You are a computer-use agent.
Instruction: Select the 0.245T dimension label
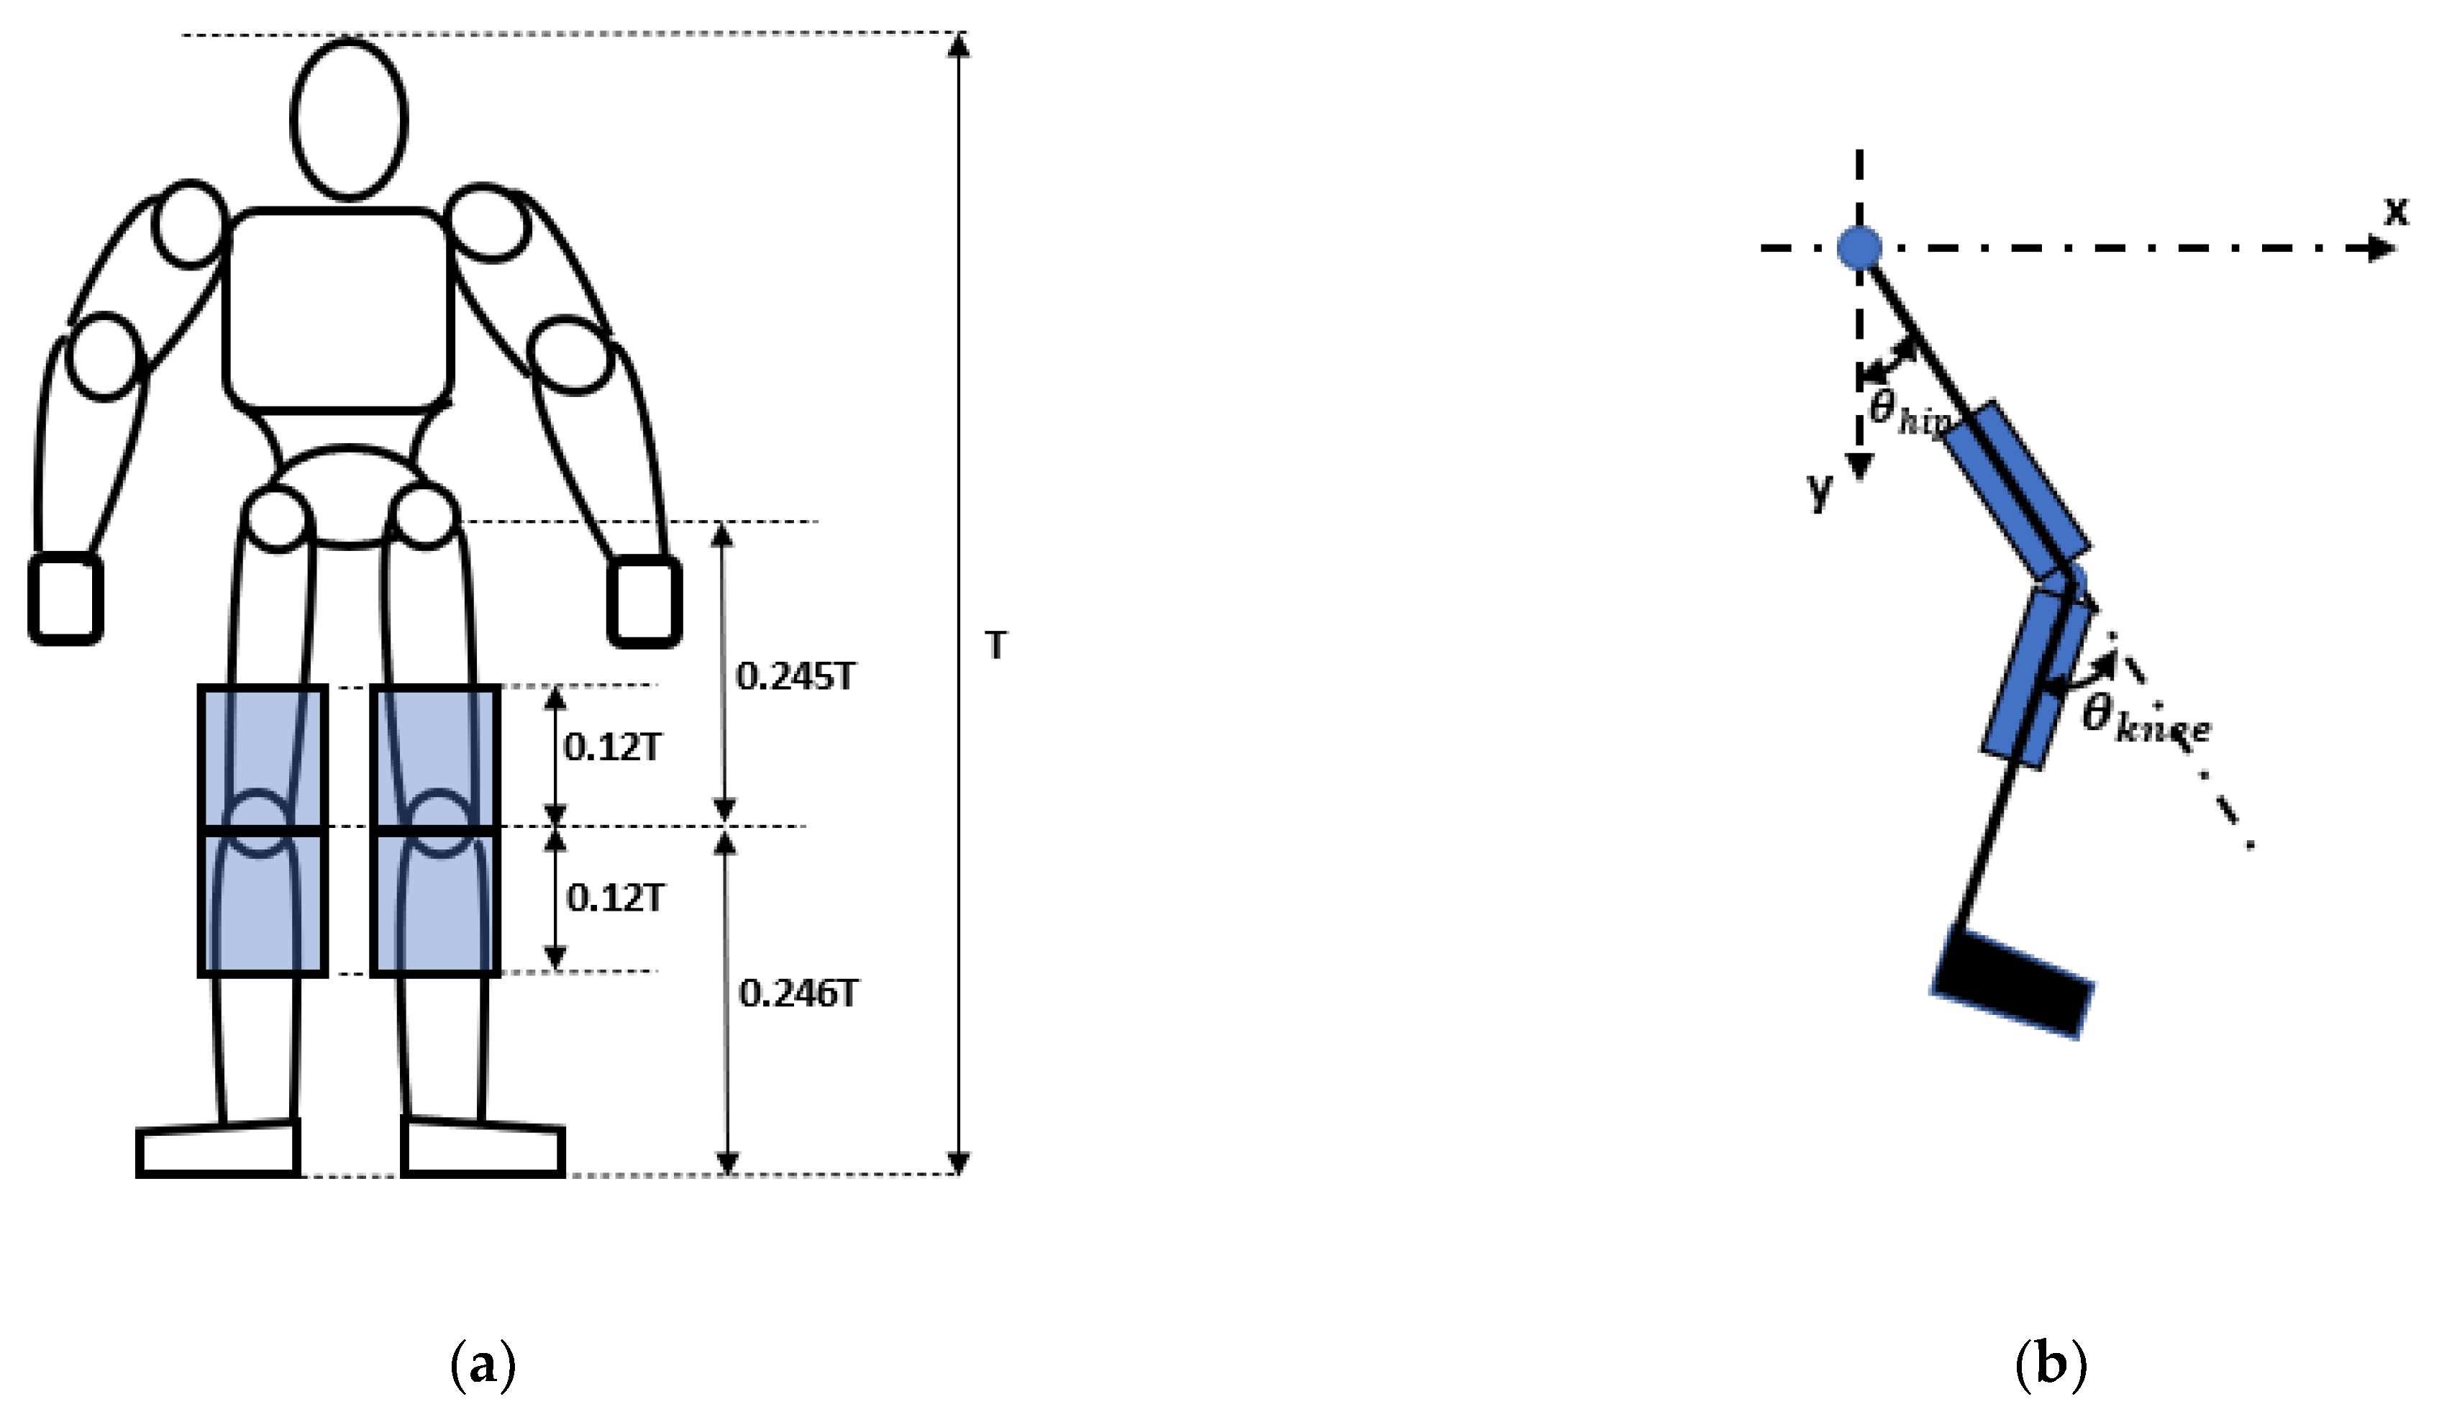point(795,678)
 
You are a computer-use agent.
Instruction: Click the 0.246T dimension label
point(798,994)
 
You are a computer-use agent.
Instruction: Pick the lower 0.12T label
point(614,899)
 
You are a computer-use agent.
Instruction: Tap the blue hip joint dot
point(1859,247)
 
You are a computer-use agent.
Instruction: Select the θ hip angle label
point(1907,416)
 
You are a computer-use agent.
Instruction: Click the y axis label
point(1820,491)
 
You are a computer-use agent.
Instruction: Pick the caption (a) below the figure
point(483,1367)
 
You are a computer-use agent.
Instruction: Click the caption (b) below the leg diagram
point(2050,1367)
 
